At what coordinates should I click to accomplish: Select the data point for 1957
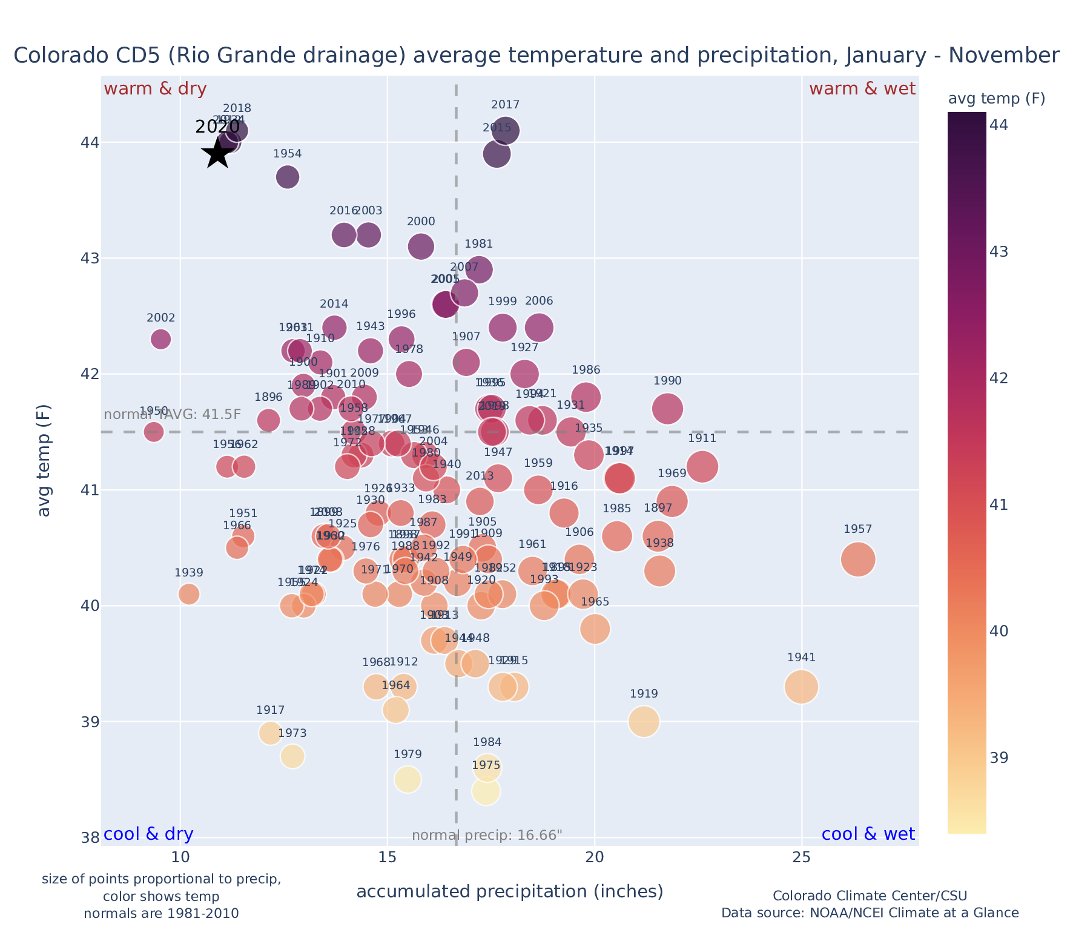click(x=858, y=559)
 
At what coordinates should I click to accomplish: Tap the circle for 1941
click(x=801, y=687)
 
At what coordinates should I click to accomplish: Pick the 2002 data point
click(x=160, y=338)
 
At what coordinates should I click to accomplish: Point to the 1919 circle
click(x=644, y=721)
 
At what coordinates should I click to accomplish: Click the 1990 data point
click(x=667, y=408)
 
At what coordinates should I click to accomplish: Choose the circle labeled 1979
click(x=408, y=779)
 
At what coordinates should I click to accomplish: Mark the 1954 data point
click(x=288, y=177)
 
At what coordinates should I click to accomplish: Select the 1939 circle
click(x=189, y=594)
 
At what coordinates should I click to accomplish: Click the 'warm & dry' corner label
click(x=155, y=89)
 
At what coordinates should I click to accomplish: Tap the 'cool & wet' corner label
click(x=868, y=834)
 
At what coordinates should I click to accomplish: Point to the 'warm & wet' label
click(x=862, y=89)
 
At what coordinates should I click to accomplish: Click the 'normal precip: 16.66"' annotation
click(x=487, y=836)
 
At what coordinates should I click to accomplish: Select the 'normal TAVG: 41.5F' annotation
click(x=173, y=415)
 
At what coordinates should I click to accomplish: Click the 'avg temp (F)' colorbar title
click(x=996, y=99)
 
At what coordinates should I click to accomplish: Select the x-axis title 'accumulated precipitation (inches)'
click(x=510, y=891)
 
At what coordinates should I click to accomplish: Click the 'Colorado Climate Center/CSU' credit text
click(x=870, y=896)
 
